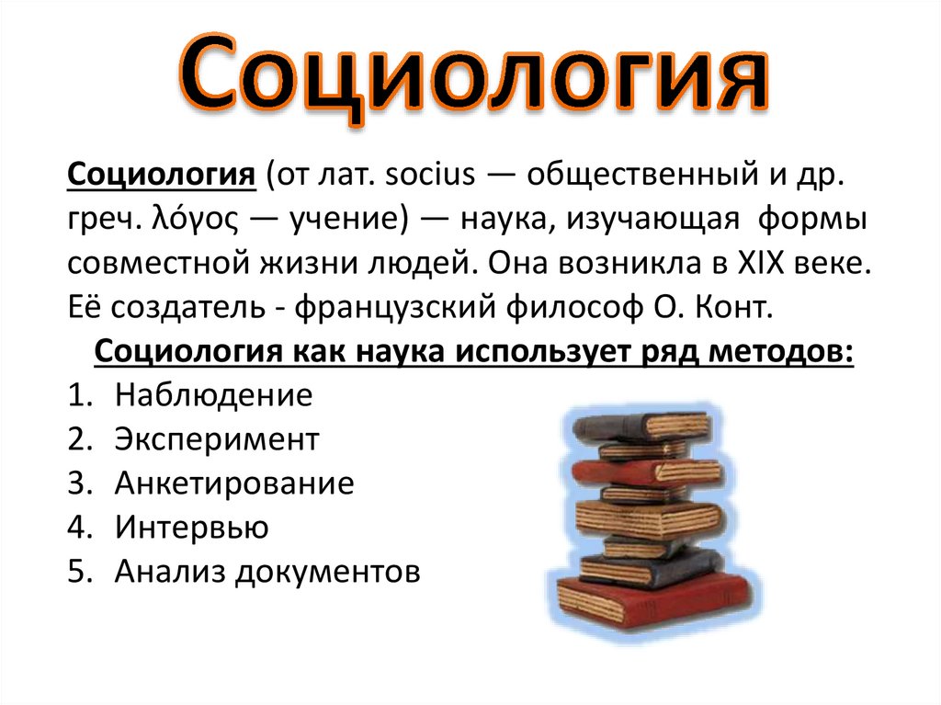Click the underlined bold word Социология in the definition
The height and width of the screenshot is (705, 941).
161,175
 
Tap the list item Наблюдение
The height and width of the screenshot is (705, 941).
214,395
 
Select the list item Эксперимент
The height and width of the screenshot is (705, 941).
217,439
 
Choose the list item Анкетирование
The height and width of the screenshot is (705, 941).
234,483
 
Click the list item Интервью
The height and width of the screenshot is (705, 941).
192,528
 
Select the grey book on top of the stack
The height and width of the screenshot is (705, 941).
634,426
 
